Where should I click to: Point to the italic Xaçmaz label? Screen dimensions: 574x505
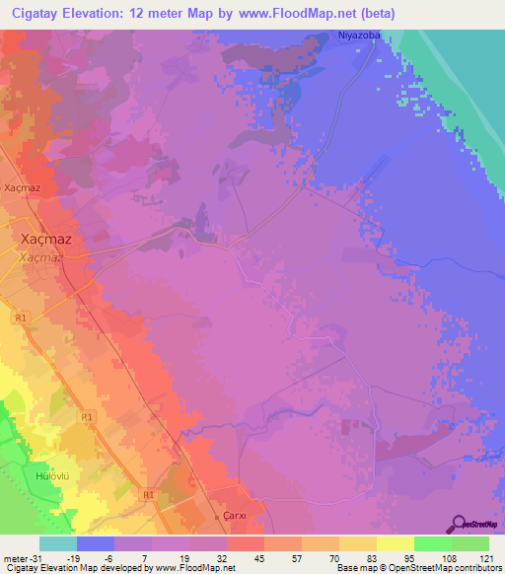(42, 256)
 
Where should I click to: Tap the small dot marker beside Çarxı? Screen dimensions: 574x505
(218, 515)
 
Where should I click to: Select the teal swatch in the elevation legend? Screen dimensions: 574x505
(58, 543)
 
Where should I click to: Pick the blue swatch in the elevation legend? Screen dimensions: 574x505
(96, 543)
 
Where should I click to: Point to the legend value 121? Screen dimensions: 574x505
(488, 558)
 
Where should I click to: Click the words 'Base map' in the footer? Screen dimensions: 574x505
(355, 568)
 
